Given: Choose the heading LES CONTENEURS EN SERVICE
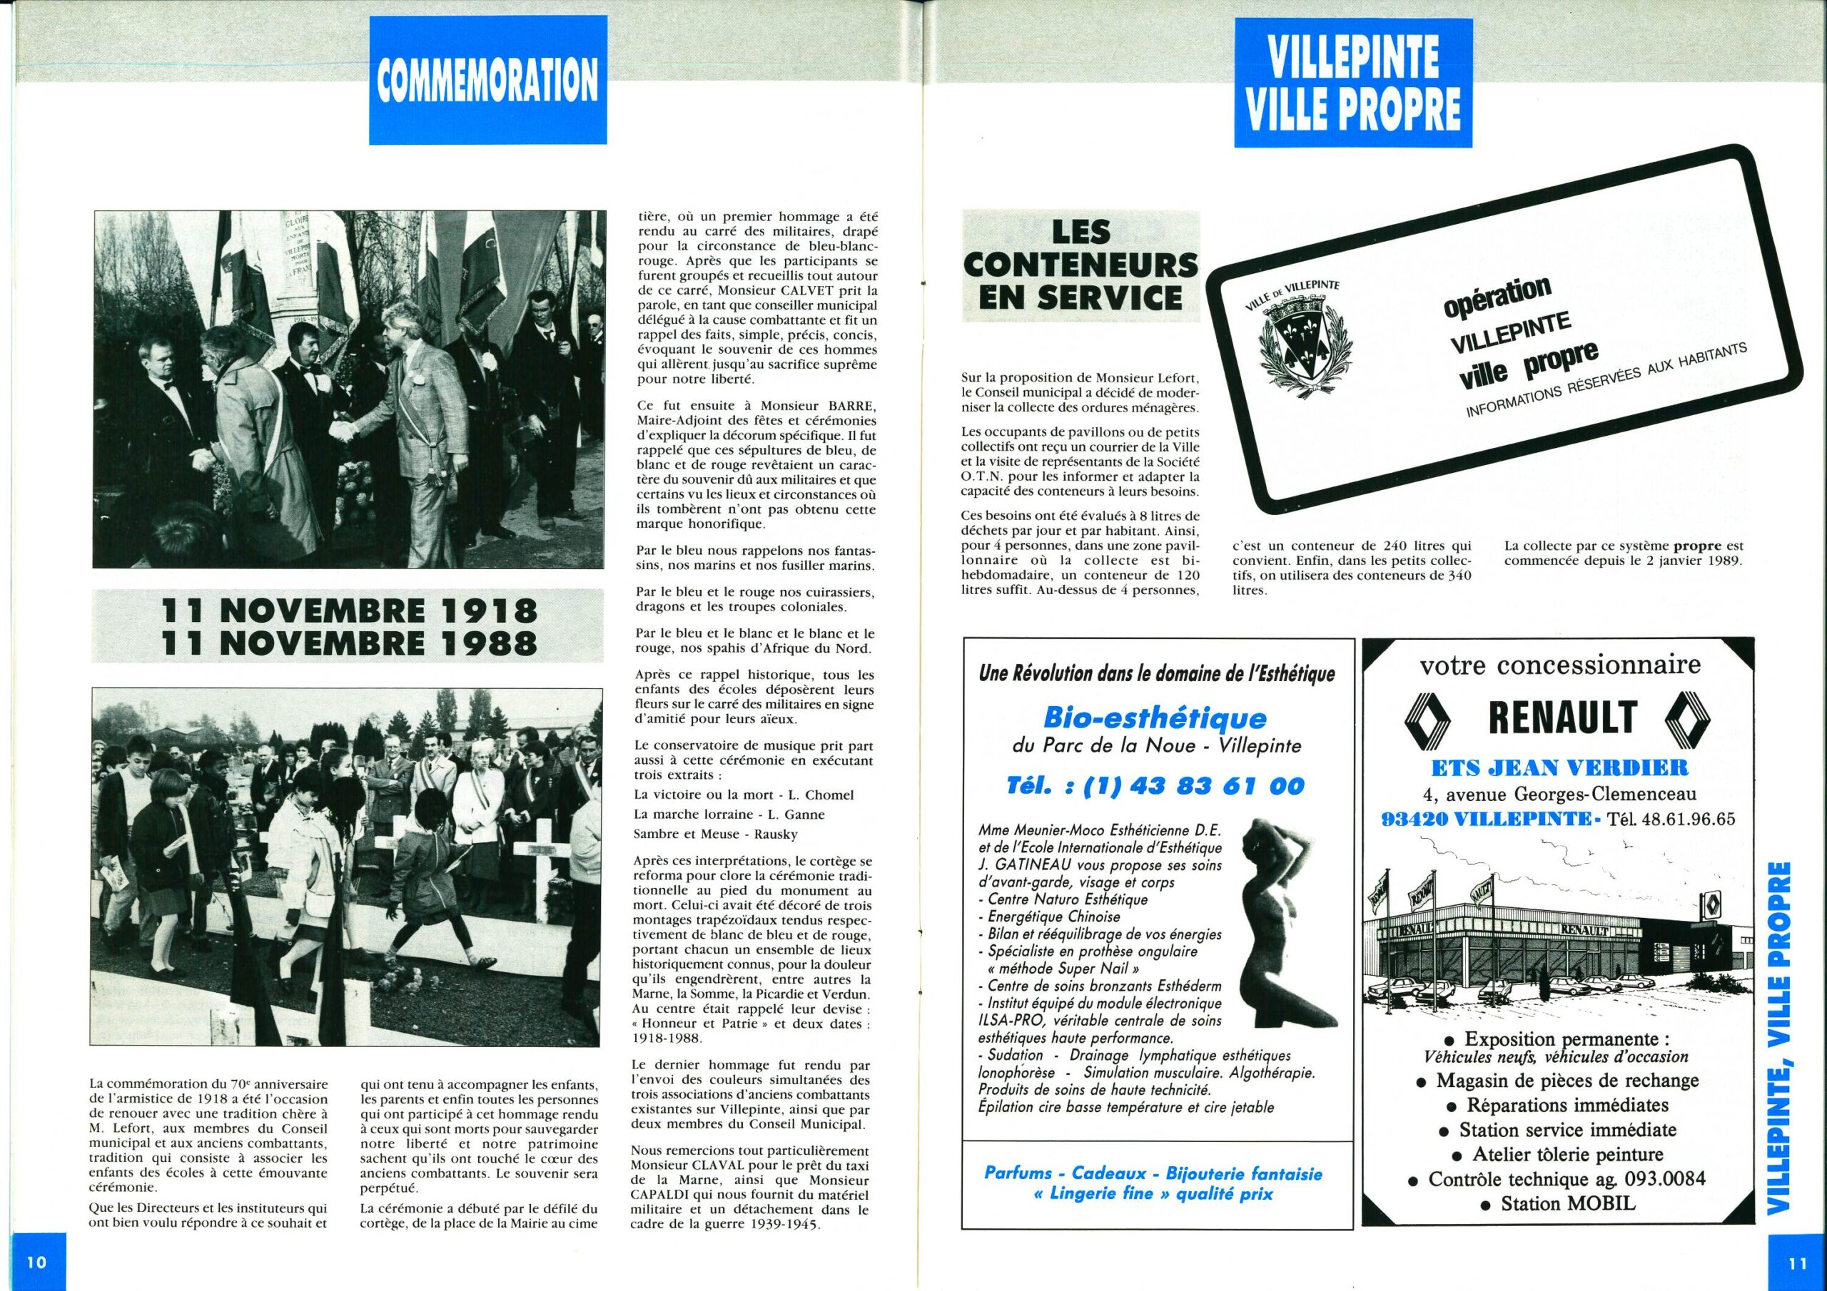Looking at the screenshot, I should point(1080,265).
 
